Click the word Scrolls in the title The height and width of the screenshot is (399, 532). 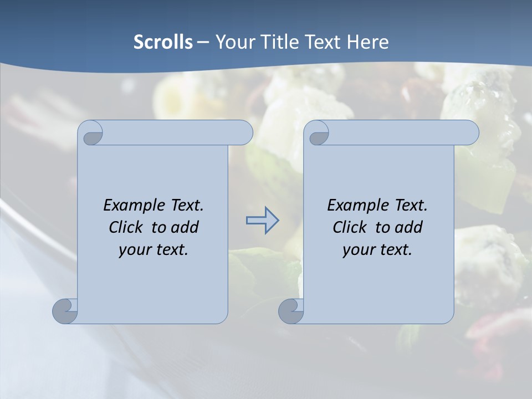pos(163,42)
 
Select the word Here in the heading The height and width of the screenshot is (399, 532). pos(367,42)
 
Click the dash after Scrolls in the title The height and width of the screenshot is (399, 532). pos(203,42)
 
